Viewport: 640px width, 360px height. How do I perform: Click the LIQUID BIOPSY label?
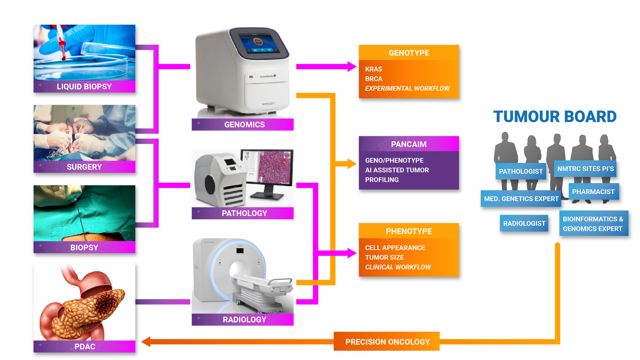click(x=84, y=87)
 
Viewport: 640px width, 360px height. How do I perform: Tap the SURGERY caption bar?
click(x=84, y=167)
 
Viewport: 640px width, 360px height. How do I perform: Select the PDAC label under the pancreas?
click(x=84, y=347)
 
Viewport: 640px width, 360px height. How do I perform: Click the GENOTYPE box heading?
click(x=409, y=53)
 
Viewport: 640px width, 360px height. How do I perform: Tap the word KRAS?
click(x=374, y=69)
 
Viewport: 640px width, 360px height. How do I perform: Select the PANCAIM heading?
click(x=409, y=144)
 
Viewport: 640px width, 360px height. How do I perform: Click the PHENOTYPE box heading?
click(x=409, y=231)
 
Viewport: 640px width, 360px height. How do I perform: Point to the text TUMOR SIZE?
click(x=385, y=257)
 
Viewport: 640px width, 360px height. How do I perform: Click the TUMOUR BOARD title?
click(x=555, y=117)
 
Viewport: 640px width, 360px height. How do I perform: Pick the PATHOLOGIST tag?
click(x=521, y=171)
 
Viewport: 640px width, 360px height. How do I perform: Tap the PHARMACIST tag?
click(x=594, y=192)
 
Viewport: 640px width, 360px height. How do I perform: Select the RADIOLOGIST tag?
click(x=524, y=223)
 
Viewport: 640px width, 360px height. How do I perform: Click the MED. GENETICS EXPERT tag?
click(x=521, y=199)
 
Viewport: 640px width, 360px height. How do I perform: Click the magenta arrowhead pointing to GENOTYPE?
click(x=352, y=67)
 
